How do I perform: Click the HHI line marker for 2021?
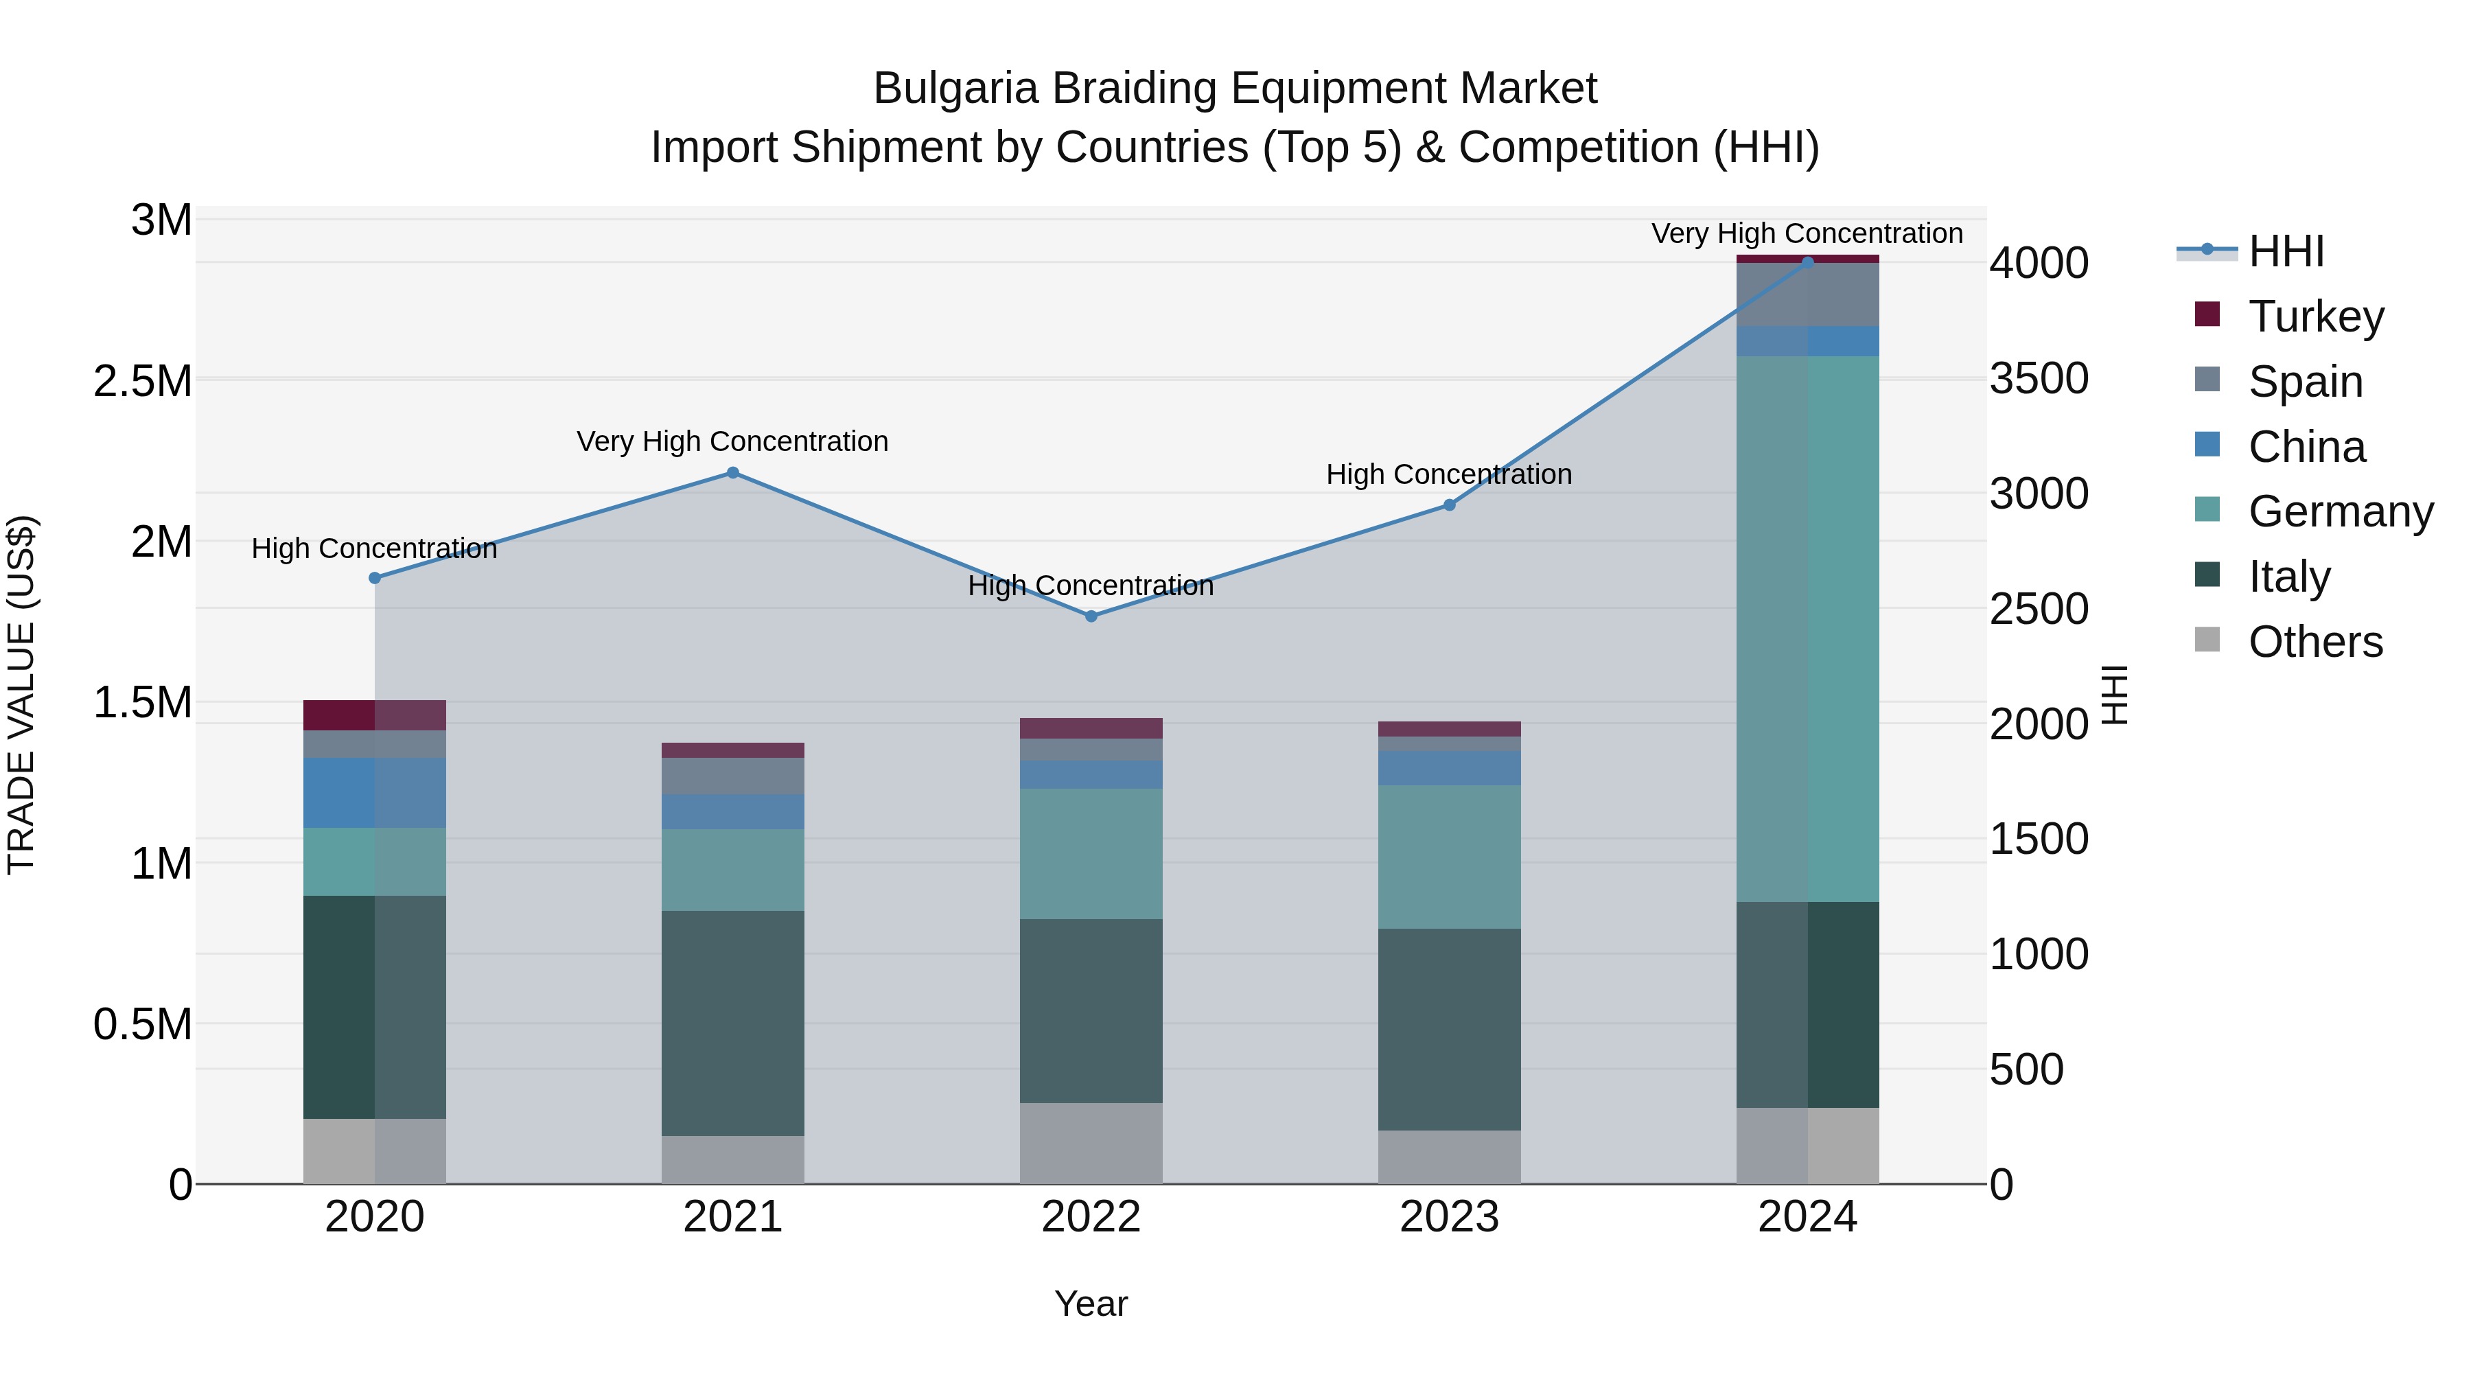(x=733, y=472)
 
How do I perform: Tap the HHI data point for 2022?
(x=1091, y=616)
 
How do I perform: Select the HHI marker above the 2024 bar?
(x=1807, y=262)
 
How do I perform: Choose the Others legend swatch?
(x=2207, y=640)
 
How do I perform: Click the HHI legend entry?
(x=2286, y=251)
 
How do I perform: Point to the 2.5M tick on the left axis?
(x=143, y=381)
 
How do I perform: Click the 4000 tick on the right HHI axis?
(x=2039, y=263)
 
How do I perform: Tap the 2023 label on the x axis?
(x=1448, y=1216)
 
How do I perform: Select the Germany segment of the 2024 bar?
(x=1807, y=628)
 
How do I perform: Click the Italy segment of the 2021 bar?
(x=733, y=1023)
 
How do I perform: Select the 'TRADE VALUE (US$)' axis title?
(x=21, y=695)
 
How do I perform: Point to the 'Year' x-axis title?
(x=1091, y=1304)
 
